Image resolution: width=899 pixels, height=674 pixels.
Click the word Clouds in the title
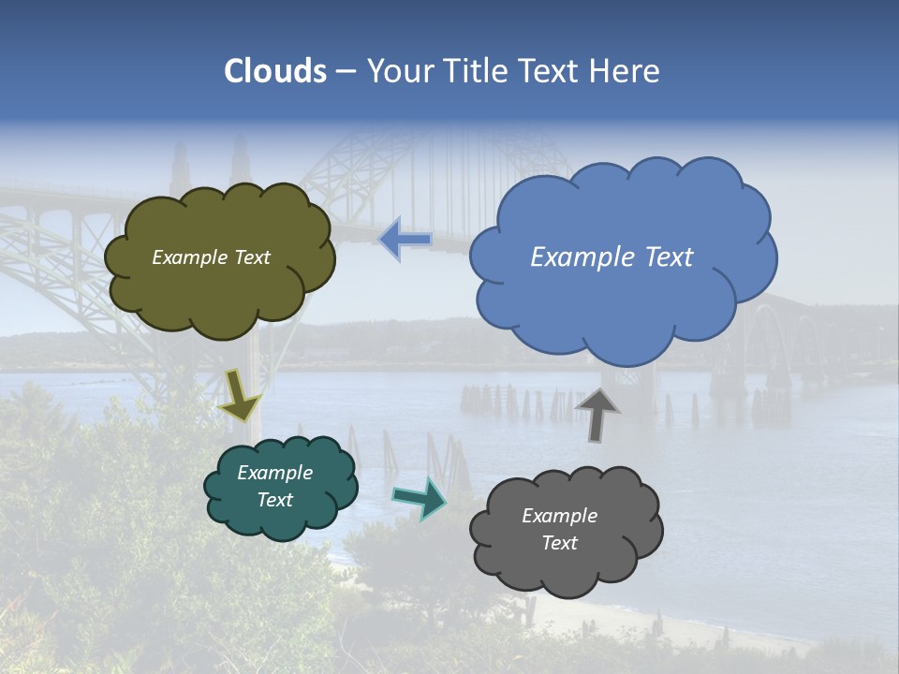(x=275, y=71)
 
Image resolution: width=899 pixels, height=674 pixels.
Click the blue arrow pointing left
(x=405, y=239)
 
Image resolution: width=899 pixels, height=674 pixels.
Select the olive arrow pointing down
(x=240, y=394)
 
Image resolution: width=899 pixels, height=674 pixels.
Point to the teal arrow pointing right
(x=420, y=499)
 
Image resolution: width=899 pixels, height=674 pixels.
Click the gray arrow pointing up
(x=597, y=413)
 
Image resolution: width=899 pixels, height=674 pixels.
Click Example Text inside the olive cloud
(x=211, y=257)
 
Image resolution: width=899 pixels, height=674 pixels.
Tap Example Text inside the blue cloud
(x=612, y=257)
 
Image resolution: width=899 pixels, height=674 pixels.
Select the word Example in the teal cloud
(x=274, y=473)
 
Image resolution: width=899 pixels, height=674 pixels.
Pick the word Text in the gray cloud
(x=559, y=543)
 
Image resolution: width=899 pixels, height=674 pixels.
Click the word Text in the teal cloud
(x=274, y=500)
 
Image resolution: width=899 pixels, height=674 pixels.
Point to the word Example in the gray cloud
(x=559, y=516)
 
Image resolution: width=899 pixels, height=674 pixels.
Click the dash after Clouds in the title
(x=345, y=71)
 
